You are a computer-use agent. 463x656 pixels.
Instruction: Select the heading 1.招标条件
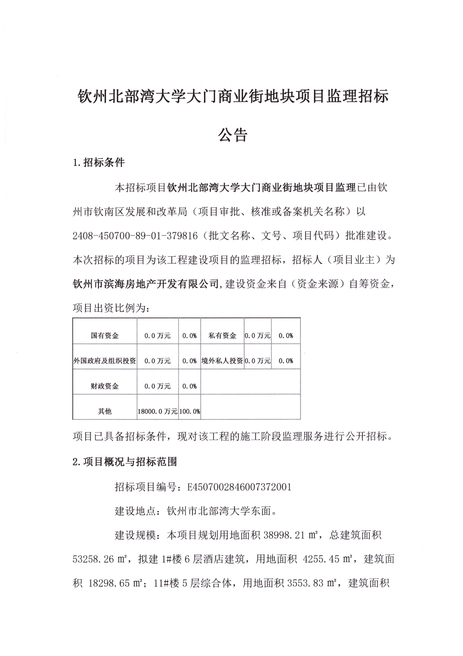(x=99, y=163)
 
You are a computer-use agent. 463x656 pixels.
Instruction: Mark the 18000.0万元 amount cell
(x=158, y=411)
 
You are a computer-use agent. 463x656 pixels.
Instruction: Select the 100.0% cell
(x=190, y=411)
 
